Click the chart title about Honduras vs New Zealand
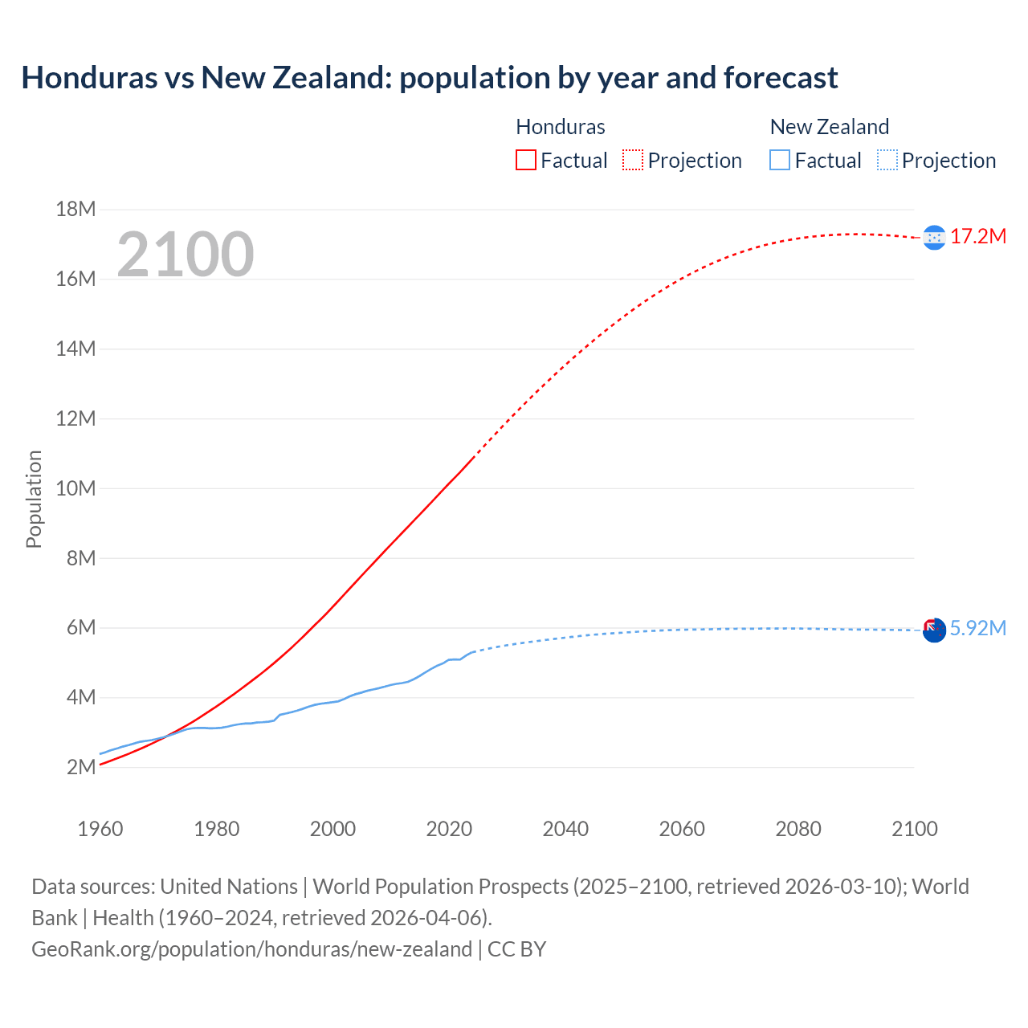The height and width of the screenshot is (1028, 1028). pos(430,78)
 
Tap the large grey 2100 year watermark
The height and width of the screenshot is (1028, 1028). pos(186,255)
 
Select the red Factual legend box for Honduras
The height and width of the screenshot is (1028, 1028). pos(525,160)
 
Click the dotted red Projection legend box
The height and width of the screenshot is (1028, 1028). pos(633,160)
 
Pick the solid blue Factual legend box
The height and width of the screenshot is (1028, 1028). pos(779,160)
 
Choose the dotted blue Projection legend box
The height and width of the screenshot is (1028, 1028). pos(887,160)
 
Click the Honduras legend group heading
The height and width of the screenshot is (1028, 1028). pos(560,127)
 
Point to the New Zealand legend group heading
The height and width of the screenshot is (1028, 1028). pos(829,127)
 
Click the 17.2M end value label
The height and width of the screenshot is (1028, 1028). pos(978,237)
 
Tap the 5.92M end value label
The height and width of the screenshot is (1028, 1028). pos(978,628)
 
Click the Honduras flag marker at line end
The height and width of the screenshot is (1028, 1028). pos(934,237)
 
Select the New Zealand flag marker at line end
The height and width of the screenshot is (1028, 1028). pos(934,630)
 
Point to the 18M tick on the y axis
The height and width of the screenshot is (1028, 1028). pos(75,210)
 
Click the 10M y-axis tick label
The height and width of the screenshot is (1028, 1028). pos(75,488)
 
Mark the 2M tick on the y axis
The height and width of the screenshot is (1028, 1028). pos(81,767)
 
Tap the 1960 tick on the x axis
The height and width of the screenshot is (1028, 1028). pos(100,829)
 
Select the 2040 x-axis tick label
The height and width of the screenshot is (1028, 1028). pos(565,829)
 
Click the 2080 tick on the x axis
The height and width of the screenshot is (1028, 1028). pos(798,829)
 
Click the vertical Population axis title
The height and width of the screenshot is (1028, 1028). pos(34,499)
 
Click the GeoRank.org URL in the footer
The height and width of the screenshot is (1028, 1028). pos(251,949)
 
